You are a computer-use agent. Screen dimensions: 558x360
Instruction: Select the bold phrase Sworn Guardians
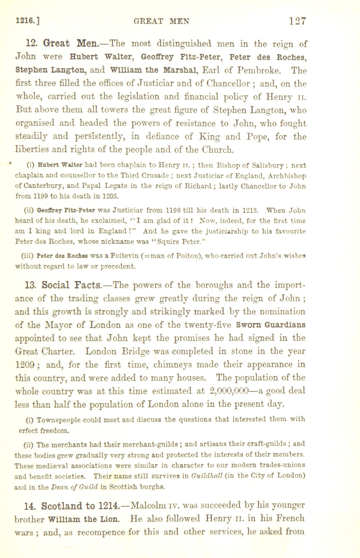click(271, 325)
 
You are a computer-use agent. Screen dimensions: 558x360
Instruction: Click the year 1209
click(24, 365)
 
